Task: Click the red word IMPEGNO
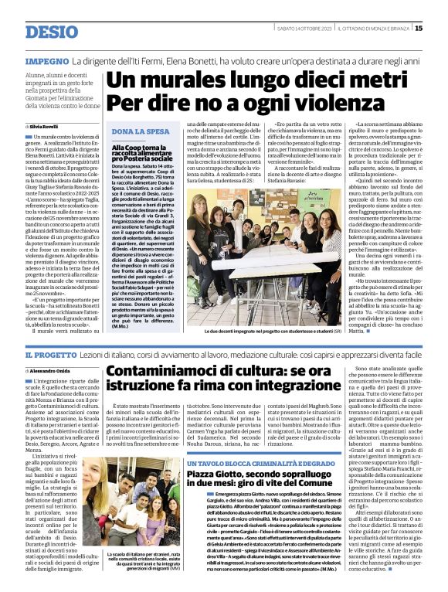(47, 60)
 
